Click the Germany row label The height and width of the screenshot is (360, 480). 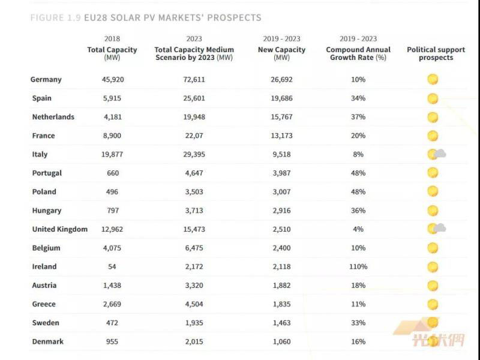pos(46,79)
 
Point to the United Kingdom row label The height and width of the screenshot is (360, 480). pos(59,229)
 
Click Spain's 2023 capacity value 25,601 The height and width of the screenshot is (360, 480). pos(194,98)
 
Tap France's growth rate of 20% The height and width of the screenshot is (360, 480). pos(358,136)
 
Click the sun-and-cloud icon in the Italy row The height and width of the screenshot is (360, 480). pos(436,154)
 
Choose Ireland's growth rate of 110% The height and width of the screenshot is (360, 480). pos(358,266)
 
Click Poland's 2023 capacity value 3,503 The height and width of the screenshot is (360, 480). pos(194,191)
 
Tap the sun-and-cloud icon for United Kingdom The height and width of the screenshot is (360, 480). pos(436,229)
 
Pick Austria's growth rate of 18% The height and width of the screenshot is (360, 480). pos(358,285)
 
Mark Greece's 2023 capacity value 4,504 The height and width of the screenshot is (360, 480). pos(194,304)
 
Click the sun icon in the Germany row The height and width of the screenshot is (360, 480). pos(432,79)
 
